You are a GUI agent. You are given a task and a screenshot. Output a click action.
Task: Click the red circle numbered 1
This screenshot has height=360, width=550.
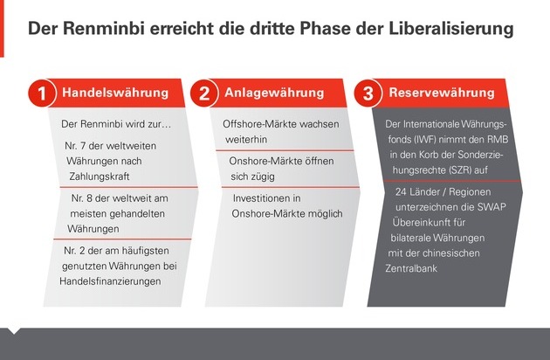click(x=42, y=93)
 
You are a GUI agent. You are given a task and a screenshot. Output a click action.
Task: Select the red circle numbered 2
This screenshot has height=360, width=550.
click(x=204, y=93)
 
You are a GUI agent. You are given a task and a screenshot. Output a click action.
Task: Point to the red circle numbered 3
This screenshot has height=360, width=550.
click(x=368, y=93)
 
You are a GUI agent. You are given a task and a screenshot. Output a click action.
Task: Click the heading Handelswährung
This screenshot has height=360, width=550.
click(x=115, y=93)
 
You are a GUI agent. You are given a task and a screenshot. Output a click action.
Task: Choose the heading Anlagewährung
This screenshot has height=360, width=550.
click(x=274, y=93)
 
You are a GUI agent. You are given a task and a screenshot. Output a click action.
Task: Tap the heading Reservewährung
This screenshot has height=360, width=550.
click(x=442, y=93)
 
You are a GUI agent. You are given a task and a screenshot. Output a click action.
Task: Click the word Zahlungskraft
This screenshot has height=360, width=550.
click(x=100, y=177)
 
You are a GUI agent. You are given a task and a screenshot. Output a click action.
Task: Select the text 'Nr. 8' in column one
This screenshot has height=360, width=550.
click(x=82, y=198)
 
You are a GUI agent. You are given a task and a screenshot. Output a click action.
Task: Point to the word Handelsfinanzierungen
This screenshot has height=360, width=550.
click(x=110, y=281)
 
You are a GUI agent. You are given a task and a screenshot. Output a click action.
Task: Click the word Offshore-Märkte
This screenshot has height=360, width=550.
click(x=259, y=124)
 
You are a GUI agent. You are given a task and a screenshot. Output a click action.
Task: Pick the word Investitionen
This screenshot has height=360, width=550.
click(x=266, y=198)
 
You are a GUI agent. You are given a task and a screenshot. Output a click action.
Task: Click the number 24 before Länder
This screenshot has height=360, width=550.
click(x=401, y=191)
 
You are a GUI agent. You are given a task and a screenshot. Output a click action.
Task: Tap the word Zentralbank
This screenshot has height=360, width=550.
click(x=411, y=268)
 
